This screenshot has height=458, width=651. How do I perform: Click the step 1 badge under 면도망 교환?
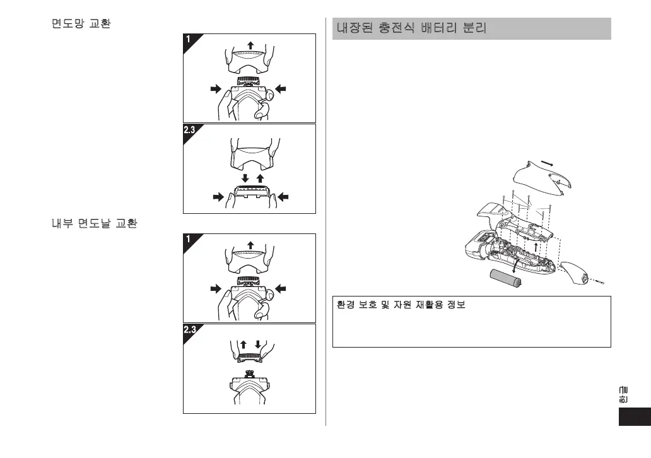point(189,40)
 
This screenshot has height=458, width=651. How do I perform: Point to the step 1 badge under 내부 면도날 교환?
point(189,240)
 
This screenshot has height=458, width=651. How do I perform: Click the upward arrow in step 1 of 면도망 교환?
point(250,45)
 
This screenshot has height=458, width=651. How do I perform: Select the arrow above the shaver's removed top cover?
point(549,163)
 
